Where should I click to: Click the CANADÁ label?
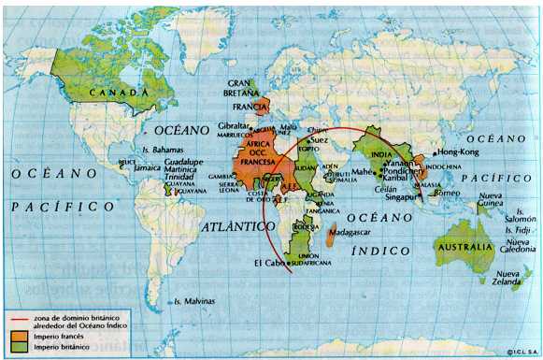pyautogui.click(x=119, y=94)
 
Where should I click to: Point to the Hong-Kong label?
pyautogui.click(x=457, y=151)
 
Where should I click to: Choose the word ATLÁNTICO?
pyautogui.click(x=237, y=226)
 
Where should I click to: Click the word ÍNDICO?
pyautogui.click(x=379, y=251)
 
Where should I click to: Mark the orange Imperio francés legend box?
pyautogui.click(x=21, y=334)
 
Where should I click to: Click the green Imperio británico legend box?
pyautogui.click(x=21, y=347)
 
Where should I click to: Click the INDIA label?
pyautogui.click(x=382, y=154)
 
